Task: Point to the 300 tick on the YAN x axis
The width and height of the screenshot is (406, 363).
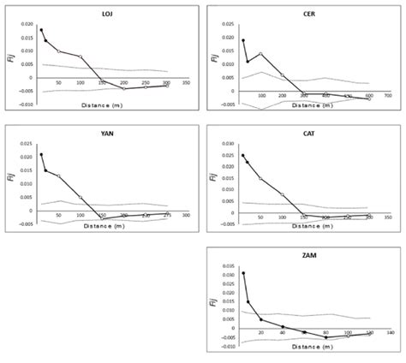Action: click(x=186, y=215)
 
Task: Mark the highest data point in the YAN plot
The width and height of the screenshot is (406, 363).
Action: click(x=40, y=155)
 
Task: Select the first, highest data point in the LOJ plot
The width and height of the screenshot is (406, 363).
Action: click(x=40, y=30)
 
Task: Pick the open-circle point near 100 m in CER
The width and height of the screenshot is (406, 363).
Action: click(x=260, y=54)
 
